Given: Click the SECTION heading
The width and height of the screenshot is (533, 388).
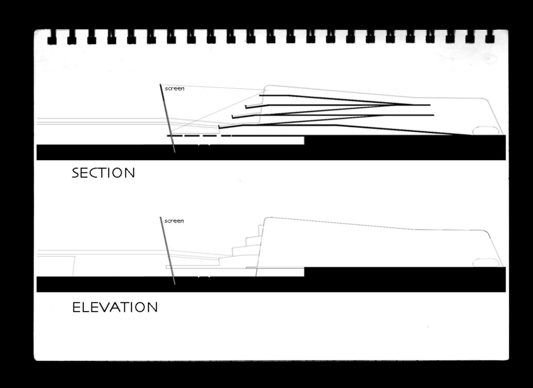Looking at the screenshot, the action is tap(103, 173).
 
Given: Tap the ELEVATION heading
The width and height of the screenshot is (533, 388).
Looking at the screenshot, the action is tap(115, 307).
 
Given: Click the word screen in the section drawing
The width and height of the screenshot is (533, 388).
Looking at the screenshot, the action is tap(175, 88).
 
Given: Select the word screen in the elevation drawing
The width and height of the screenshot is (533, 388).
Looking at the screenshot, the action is tap(174, 221).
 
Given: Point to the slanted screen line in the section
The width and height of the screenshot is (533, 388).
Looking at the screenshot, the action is tap(167, 118).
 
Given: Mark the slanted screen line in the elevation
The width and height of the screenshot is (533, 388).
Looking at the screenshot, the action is tap(167, 251).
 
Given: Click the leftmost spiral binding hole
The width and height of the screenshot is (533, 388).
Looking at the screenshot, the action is tap(52, 37).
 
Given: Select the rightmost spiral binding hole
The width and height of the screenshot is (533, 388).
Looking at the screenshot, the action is tap(489, 37).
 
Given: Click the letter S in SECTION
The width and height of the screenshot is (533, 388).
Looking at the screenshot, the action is tap(75, 173).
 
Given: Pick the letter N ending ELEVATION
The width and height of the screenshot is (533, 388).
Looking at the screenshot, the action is tap(153, 307).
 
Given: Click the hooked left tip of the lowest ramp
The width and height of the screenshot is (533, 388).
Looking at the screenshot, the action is tap(219, 127).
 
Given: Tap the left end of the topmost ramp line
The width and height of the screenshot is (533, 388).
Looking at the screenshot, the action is tap(260, 95).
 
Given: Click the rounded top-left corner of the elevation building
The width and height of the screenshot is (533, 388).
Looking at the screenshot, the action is tap(266, 219).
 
